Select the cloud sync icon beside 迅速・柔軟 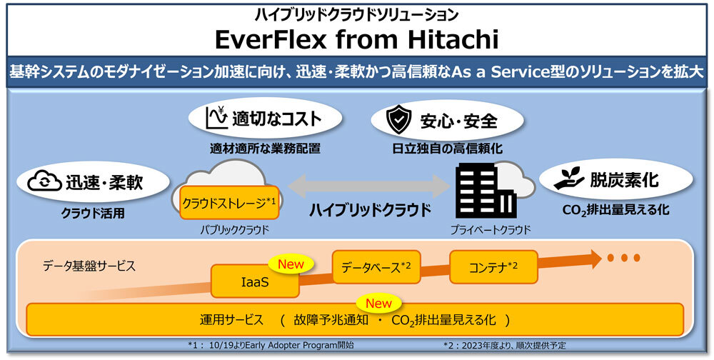pyautogui.click(x=44, y=182)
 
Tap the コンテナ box pyautogui.click(x=493, y=267)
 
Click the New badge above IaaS pyautogui.click(x=291, y=264)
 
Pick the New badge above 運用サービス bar pyautogui.click(x=378, y=303)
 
